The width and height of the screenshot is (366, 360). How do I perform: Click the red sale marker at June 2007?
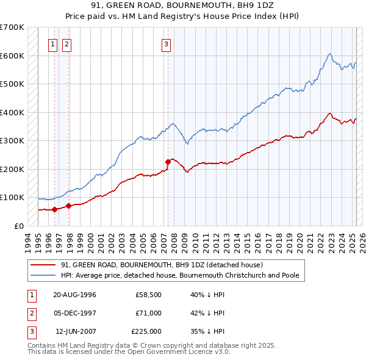coord(168,162)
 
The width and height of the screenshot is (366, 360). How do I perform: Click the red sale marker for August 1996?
coord(55,209)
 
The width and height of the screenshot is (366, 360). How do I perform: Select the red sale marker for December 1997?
coord(68,206)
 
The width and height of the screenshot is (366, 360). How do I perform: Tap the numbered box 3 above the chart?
coord(166,43)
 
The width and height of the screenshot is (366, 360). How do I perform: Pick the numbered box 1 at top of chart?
coord(53,43)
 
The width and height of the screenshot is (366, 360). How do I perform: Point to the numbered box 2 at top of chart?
coord(66,43)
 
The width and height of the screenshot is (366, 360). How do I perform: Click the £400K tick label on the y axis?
coord(12,112)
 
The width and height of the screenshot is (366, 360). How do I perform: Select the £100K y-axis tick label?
coord(12,198)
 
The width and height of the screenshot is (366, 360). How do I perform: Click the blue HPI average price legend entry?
coord(180,275)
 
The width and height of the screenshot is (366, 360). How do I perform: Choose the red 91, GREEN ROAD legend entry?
coord(162,265)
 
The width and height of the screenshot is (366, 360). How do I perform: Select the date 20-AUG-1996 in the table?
coord(75,295)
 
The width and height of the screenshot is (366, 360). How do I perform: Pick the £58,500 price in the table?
coord(148,295)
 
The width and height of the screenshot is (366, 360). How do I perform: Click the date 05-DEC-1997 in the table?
coord(75,313)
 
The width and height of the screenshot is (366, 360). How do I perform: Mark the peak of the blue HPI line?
coord(329,54)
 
